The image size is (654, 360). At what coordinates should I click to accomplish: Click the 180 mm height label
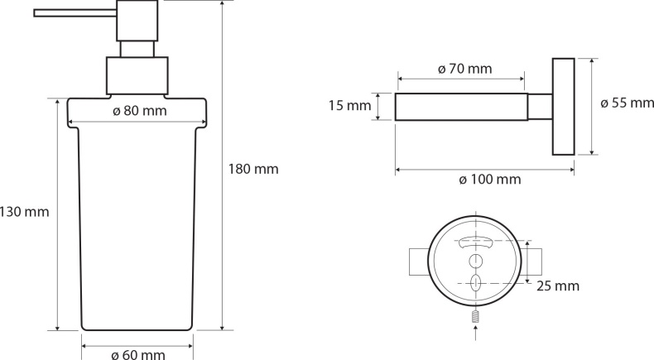253,169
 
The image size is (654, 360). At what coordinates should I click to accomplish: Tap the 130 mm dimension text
24,212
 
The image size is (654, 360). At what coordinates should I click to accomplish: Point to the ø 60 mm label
138,354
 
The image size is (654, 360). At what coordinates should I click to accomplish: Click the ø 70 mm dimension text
465,69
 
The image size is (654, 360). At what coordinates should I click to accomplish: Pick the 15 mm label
349,106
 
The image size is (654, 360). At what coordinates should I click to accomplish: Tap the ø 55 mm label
627,103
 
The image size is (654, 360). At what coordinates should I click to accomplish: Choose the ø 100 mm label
489,180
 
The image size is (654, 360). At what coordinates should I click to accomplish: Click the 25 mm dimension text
558,286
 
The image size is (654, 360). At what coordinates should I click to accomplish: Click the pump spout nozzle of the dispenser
75,13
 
